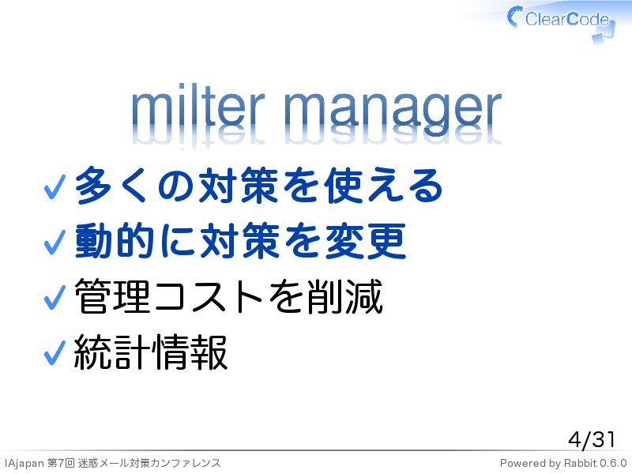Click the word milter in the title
coord(198,107)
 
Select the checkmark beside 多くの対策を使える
coord(55,187)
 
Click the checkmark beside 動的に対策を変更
coord(55,243)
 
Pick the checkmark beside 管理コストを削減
coord(55,298)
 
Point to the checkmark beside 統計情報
coord(55,352)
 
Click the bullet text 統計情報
coord(151,352)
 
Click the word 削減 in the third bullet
coord(344,297)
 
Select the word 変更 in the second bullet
coord(366,241)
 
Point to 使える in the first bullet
coord(384,186)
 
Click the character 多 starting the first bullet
coord(93,186)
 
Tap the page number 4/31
coord(592,439)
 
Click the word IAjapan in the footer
coord(24,464)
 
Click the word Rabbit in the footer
coord(580,463)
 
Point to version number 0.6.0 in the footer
coord(613,463)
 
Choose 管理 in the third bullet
coord(113,297)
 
